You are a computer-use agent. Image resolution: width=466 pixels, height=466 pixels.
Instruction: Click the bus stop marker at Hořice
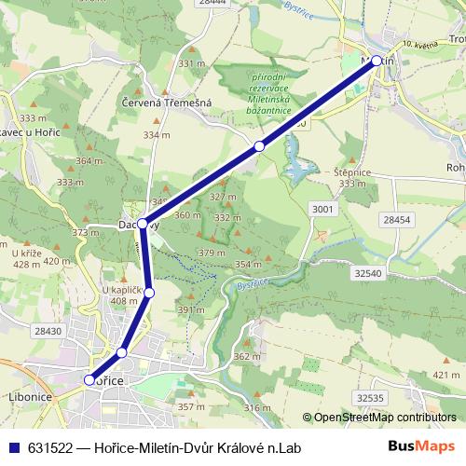[x=89, y=379]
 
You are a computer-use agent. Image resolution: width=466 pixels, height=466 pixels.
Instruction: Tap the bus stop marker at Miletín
[x=377, y=61]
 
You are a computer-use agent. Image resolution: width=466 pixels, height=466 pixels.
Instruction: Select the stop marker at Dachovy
[x=143, y=223]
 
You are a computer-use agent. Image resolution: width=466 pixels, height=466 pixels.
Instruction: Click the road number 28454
[x=396, y=219]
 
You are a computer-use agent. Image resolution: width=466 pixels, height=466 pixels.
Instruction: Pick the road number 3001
[x=322, y=210]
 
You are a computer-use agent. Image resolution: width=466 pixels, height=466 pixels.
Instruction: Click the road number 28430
[x=47, y=331]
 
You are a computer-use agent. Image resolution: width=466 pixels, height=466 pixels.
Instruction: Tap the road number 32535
[x=369, y=398]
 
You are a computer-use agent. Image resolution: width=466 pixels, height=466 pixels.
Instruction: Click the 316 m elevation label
[x=258, y=407]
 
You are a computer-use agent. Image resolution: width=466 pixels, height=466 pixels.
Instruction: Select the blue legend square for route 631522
[x=12, y=448]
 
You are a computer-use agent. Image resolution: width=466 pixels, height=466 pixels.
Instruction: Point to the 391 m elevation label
[x=191, y=309]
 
